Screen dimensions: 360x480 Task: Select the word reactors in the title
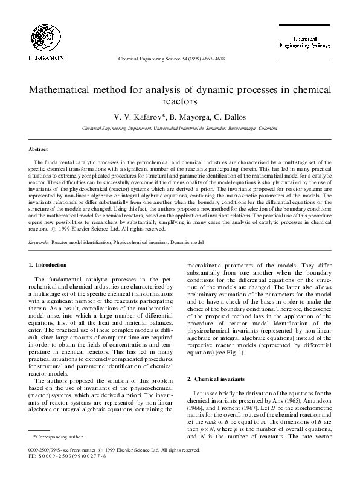point(180,101)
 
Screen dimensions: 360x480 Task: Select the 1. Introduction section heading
point(48,264)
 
